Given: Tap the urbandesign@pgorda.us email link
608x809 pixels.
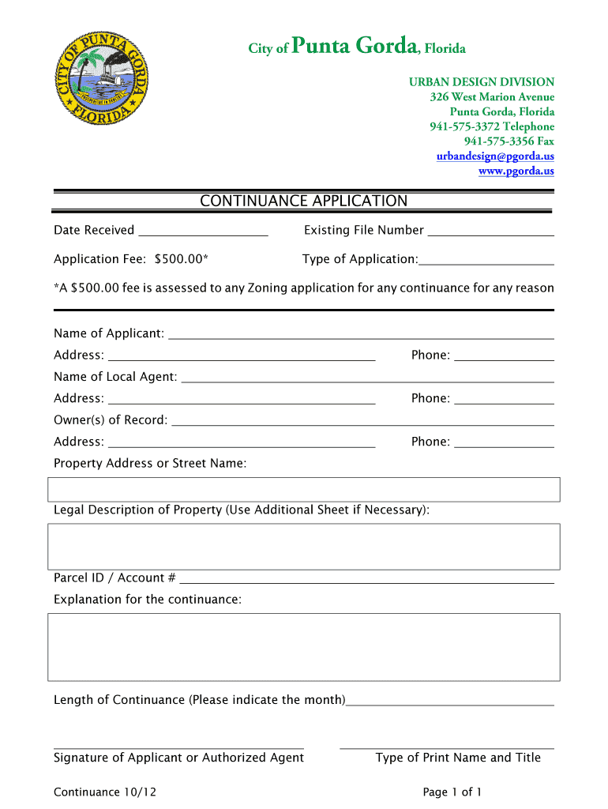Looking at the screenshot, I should coord(495,156).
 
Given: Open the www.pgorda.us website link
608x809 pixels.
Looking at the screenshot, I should coord(516,171).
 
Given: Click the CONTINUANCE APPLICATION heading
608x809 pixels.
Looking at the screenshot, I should coord(303,201).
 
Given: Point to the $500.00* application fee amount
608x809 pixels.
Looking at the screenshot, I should coord(182,259).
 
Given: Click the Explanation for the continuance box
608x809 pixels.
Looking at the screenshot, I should coord(304,647).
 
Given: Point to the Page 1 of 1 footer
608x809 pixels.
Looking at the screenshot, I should coord(452,792).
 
